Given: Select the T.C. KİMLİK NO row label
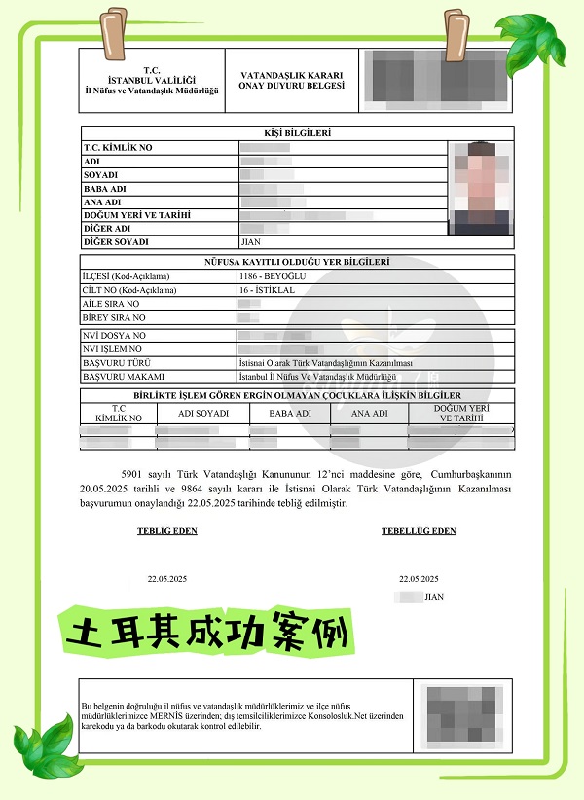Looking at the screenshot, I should [119, 148].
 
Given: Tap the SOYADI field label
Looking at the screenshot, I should [101, 175].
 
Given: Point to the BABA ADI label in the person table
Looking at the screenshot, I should [106, 189].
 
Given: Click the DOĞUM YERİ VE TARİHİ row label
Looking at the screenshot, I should [136, 215].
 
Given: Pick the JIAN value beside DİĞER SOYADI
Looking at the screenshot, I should [251, 241].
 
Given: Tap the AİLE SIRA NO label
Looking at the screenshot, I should [114, 304].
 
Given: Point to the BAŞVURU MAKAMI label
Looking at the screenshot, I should [124, 376].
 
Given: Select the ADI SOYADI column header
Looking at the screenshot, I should [204, 414].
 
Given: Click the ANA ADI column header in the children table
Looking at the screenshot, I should [369, 414].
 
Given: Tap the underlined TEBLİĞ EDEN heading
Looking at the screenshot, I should [168, 531].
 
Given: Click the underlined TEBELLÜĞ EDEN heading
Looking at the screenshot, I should [419, 531].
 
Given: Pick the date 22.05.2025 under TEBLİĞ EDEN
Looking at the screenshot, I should [167, 578].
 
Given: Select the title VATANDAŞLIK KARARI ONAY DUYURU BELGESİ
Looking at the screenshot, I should [285, 81].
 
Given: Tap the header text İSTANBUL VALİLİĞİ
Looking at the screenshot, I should [151, 80].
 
